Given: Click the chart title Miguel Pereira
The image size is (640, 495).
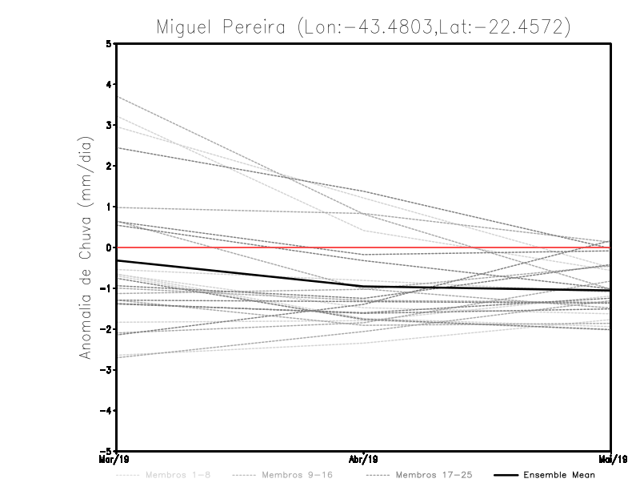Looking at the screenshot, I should pyautogui.click(x=219, y=27).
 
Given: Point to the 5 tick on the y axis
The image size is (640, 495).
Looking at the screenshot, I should pyautogui.click(x=109, y=43).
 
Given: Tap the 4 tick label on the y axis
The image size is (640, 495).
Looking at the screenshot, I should pyautogui.click(x=109, y=84).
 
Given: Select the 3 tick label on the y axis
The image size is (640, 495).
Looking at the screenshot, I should pyautogui.click(x=109, y=125).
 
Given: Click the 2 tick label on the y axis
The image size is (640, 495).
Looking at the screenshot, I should pyautogui.click(x=109, y=166).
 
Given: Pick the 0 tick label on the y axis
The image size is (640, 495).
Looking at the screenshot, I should pyautogui.click(x=109, y=247).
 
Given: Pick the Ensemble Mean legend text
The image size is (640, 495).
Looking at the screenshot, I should pyautogui.click(x=559, y=475).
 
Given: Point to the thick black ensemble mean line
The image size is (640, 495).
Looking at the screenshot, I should pyautogui.click(x=240, y=274).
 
